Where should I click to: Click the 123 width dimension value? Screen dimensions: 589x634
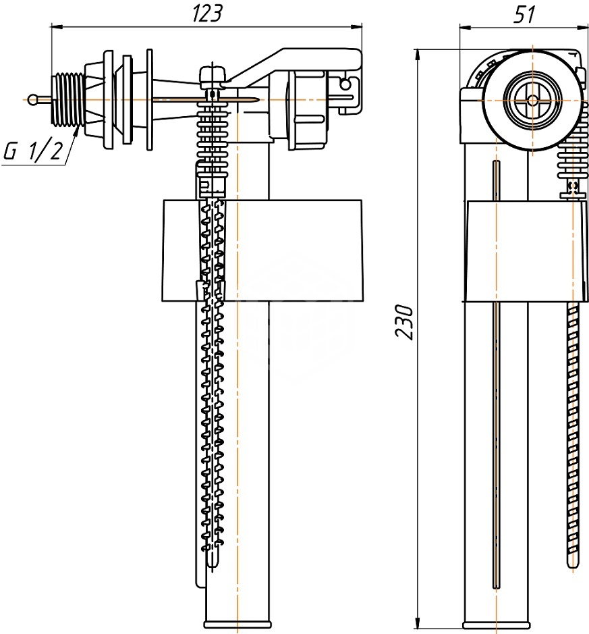207,14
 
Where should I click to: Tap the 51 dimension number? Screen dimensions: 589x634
524,14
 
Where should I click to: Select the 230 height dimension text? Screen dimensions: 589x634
404,322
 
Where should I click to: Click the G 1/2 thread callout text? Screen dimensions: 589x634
33,152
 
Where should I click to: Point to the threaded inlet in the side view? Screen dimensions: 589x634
68,99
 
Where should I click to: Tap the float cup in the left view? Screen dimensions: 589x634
262,250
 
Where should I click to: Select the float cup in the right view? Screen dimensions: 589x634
525,251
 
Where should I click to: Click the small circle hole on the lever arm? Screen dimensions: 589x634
345,84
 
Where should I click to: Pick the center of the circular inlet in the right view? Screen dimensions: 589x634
532,99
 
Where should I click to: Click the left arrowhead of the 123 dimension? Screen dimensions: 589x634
55,27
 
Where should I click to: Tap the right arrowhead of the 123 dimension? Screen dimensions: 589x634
356,27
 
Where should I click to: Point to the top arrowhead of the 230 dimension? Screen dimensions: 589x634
418,55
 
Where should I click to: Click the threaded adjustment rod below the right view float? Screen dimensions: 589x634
573,436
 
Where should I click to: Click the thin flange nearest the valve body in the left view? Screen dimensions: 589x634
150,100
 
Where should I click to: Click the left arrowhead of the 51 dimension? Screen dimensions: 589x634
466,27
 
